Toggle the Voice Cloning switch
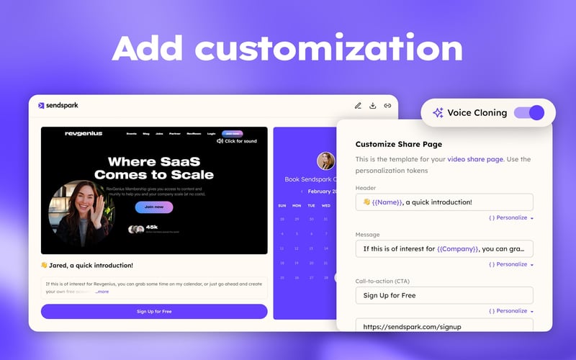click(529, 112)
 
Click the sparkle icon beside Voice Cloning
click(438, 112)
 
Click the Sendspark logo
click(58, 105)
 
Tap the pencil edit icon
click(358, 106)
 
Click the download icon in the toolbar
click(373, 106)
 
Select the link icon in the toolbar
click(387, 106)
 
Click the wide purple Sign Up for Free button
click(154, 311)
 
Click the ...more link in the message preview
click(102, 292)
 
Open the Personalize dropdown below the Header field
click(511, 217)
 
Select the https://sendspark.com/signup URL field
click(444, 326)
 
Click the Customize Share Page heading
click(398, 144)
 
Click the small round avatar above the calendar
click(326, 161)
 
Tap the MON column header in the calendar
click(297, 205)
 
